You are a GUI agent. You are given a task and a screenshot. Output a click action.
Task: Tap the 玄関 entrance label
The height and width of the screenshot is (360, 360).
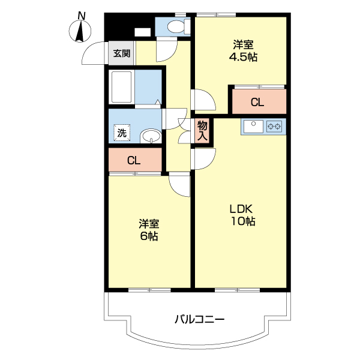click(x=121, y=53)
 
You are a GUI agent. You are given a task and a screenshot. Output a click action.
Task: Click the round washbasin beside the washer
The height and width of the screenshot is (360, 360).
click(x=151, y=137)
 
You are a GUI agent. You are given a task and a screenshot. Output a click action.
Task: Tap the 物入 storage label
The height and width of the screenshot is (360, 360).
click(x=202, y=131)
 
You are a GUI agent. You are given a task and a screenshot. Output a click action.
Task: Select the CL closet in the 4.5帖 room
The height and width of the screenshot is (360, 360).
click(x=257, y=103)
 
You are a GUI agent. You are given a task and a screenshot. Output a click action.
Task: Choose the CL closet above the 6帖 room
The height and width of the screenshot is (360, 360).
click(x=134, y=160)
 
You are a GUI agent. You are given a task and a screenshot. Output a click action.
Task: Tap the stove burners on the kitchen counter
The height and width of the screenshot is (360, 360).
click(x=275, y=126)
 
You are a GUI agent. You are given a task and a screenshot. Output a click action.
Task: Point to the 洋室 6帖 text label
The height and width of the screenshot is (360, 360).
click(x=149, y=230)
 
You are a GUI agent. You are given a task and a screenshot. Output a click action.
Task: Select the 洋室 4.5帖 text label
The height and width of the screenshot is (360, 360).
click(x=243, y=50)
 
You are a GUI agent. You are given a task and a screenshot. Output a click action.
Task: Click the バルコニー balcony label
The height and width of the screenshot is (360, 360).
click(x=200, y=319)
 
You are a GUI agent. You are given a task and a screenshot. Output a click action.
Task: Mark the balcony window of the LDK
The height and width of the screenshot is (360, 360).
click(x=238, y=290)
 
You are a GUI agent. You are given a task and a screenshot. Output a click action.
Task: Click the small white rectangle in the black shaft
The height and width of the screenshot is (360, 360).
click(x=142, y=32)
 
